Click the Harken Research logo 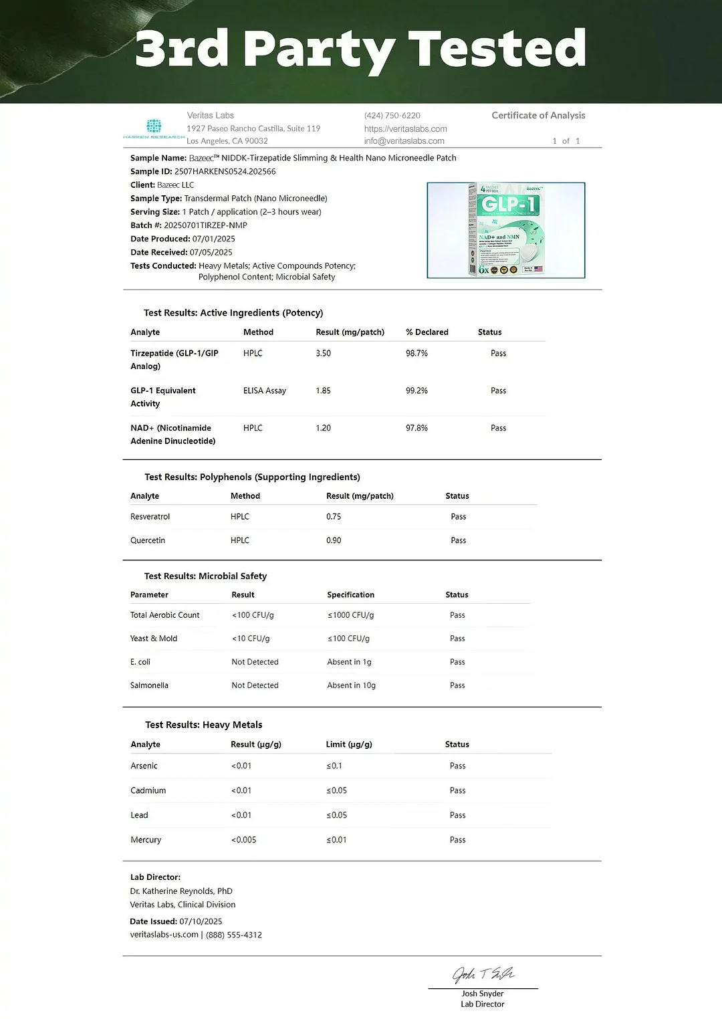click(154, 128)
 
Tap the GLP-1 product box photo click(506, 230)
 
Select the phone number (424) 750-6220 click(392, 116)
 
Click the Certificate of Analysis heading click(538, 116)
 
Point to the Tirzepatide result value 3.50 click(324, 353)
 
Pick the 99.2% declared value click(416, 390)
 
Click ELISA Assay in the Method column click(265, 390)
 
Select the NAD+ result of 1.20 click(324, 428)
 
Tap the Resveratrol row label click(150, 517)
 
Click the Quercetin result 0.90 click(334, 540)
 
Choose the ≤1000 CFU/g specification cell click(350, 615)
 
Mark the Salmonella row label click(149, 685)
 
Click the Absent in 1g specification click(349, 662)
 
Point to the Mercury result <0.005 click(244, 840)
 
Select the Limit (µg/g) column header click(349, 744)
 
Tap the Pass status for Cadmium click(458, 790)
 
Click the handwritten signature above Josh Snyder click(483, 974)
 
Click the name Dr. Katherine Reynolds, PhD click(181, 891)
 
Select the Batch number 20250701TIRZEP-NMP click(205, 225)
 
